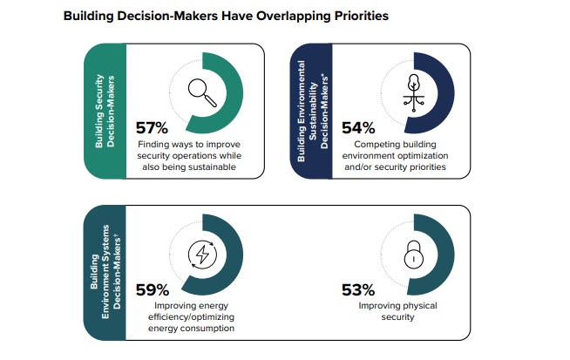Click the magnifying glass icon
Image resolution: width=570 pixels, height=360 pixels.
pyautogui.click(x=203, y=89)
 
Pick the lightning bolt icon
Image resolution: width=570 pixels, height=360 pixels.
pyautogui.click(x=203, y=256)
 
